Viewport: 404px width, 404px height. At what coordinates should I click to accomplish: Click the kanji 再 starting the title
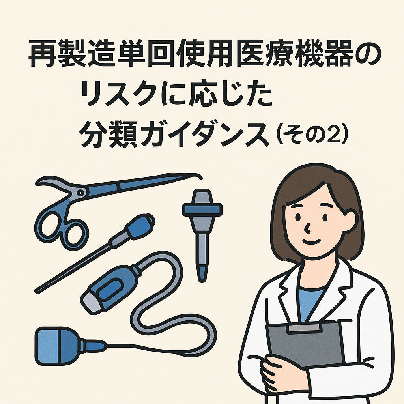point(42,53)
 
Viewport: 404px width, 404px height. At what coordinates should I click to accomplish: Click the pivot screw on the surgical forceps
point(80,192)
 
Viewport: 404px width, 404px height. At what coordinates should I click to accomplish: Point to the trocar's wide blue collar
point(202,209)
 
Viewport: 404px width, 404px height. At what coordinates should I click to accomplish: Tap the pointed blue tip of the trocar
point(202,274)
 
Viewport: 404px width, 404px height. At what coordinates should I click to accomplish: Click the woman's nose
point(307,228)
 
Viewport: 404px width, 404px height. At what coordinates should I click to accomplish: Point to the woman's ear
point(351,220)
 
